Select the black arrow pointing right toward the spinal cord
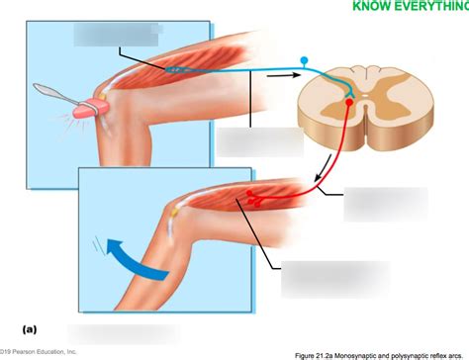click(x=284, y=75)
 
